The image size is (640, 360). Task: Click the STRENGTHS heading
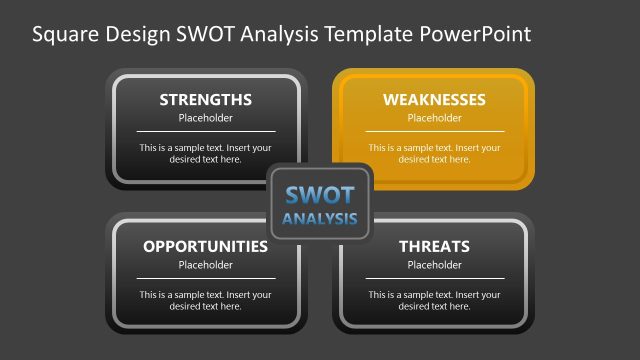point(205,100)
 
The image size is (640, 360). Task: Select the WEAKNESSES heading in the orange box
point(434,100)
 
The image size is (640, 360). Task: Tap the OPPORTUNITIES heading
point(205,246)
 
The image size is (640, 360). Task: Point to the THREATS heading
point(434,246)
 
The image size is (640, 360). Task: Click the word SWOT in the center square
point(320,195)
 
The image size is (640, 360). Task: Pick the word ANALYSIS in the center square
point(320,219)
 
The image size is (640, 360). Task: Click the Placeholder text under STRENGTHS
point(205,118)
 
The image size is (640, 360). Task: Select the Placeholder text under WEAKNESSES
point(434,118)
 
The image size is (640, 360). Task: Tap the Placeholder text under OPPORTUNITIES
point(205,265)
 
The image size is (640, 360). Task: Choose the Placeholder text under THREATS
point(434,265)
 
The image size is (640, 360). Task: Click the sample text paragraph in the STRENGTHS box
point(205,153)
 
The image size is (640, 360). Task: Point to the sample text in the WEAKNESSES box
point(434,153)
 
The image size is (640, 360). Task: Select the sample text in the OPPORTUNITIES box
point(205,300)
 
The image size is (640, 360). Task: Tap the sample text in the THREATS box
point(434,300)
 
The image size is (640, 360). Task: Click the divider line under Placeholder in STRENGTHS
point(205,131)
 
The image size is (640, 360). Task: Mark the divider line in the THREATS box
point(434,278)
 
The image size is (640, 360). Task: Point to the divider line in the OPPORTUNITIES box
point(205,278)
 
